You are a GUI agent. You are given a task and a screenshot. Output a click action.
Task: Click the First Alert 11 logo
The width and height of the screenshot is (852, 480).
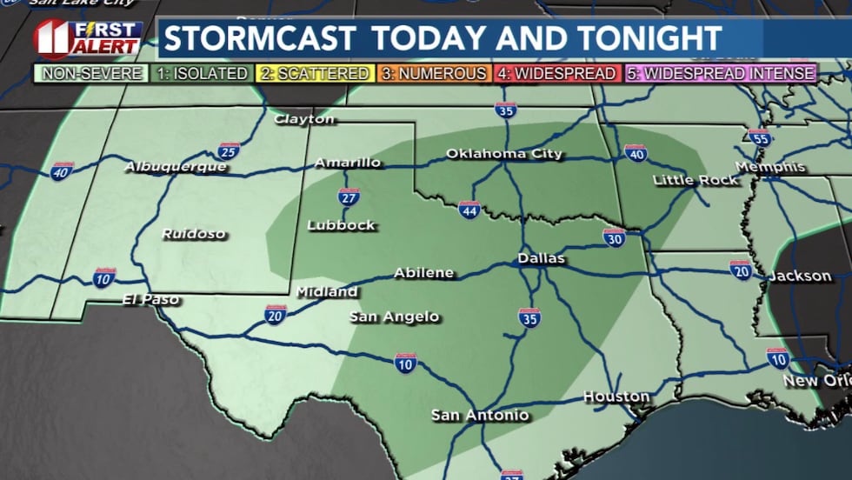pyautogui.click(x=86, y=39)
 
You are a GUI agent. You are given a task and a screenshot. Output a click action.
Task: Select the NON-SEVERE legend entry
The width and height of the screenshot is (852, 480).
pyautogui.click(x=90, y=74)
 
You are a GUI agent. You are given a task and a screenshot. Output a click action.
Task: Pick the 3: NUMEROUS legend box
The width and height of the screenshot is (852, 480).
pyautogui.click(x=434, y=74)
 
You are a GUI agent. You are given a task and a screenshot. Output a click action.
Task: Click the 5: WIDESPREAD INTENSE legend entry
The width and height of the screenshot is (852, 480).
pyautogui.click(x=721, y=74)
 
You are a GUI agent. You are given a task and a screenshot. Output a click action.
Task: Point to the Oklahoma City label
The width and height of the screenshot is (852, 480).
pyautogui.click(x=504, y=154)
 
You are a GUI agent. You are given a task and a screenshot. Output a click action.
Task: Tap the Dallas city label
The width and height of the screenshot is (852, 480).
pyautogui.click(x=541, y=258)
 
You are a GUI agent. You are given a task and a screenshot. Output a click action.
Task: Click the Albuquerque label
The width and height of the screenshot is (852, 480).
pyautogui.click(x=176, y=166)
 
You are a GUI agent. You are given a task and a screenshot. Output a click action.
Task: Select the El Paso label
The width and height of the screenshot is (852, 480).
pyautogui.click(x=150, y=300)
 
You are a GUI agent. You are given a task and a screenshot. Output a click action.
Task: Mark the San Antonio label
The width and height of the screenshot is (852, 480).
pyautogui.click(x=480, y=415)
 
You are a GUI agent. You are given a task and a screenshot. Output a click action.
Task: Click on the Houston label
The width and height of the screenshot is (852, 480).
pyautogui.click(x=616, y=397)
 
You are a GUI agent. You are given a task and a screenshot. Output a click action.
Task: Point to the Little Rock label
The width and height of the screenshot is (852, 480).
pyautogui.click(x=696, y=180)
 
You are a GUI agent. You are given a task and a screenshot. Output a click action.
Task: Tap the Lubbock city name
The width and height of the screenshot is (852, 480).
pyautogui.click(x=341, y=225)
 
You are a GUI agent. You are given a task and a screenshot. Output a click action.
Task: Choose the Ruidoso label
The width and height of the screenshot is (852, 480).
pyautogui.click(x=193, y=234)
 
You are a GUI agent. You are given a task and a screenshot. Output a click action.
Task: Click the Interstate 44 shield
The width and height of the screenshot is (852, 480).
pyautogui.click(x=469, y=210)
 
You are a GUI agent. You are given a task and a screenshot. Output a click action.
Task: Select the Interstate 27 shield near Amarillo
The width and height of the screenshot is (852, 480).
pyautogui.click(x=349, y=197)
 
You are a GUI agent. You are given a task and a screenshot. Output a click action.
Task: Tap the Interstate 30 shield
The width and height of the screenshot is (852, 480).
pyautogui.click(x=614, y=237)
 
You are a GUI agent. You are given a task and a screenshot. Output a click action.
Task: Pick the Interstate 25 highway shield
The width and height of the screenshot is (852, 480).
pyautogui.click(x=229, y=150)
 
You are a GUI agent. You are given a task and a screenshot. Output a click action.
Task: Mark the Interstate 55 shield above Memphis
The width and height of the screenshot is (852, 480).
pyautogui.click(x=759, y=137)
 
